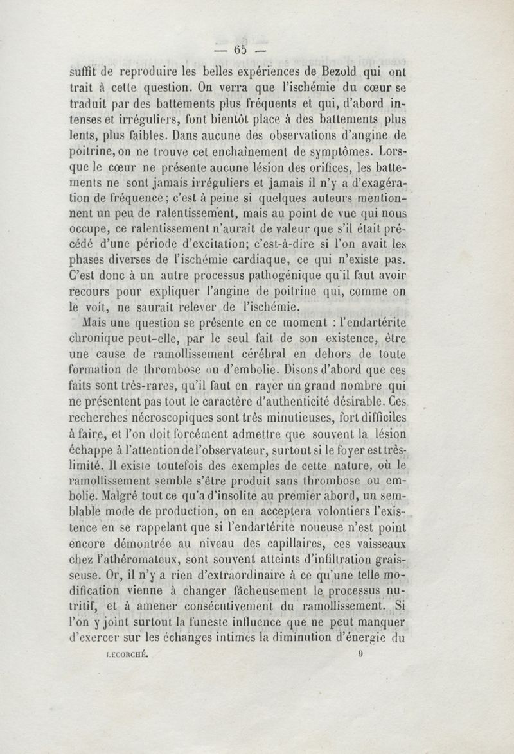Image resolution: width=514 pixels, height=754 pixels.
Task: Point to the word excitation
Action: pos(204,246)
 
